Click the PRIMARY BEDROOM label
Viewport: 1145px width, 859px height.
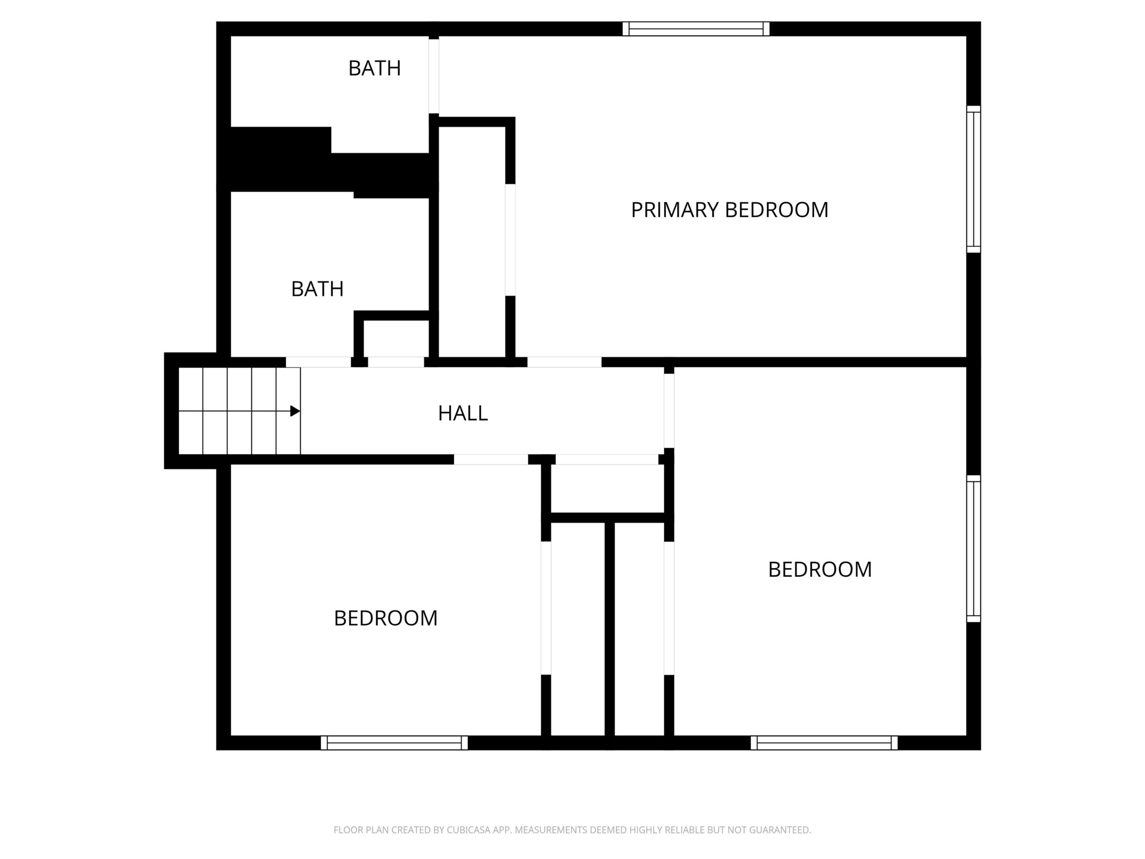tap(729, 210)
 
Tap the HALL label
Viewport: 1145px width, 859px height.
tap(463, 413)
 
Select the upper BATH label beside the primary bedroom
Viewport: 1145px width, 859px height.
tap(374, 68)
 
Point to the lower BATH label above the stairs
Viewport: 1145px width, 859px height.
tap(317, 289)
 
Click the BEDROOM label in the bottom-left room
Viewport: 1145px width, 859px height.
tap(386, 618)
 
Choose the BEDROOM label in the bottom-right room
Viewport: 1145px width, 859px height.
tap(820, 570)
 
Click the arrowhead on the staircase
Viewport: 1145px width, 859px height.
tap(295, 411)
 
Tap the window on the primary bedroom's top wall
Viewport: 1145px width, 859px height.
tap(695, 29)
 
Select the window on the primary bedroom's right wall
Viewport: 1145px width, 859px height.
tap(974, 179)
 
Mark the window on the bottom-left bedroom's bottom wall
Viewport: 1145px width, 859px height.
tap(394, 743)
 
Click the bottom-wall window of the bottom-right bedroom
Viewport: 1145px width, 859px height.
tap(824, 743)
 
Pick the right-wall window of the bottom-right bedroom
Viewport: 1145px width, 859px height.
tap(974, 549)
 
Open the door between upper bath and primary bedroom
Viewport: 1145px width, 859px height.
tap(434, 76)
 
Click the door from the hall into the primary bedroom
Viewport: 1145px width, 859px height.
tap(564, 362)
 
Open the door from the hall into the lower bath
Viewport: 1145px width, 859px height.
tap(318, 362)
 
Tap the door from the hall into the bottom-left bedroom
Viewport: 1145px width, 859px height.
tap(491, 459)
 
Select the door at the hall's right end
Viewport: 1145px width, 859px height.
tap(669, 411)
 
